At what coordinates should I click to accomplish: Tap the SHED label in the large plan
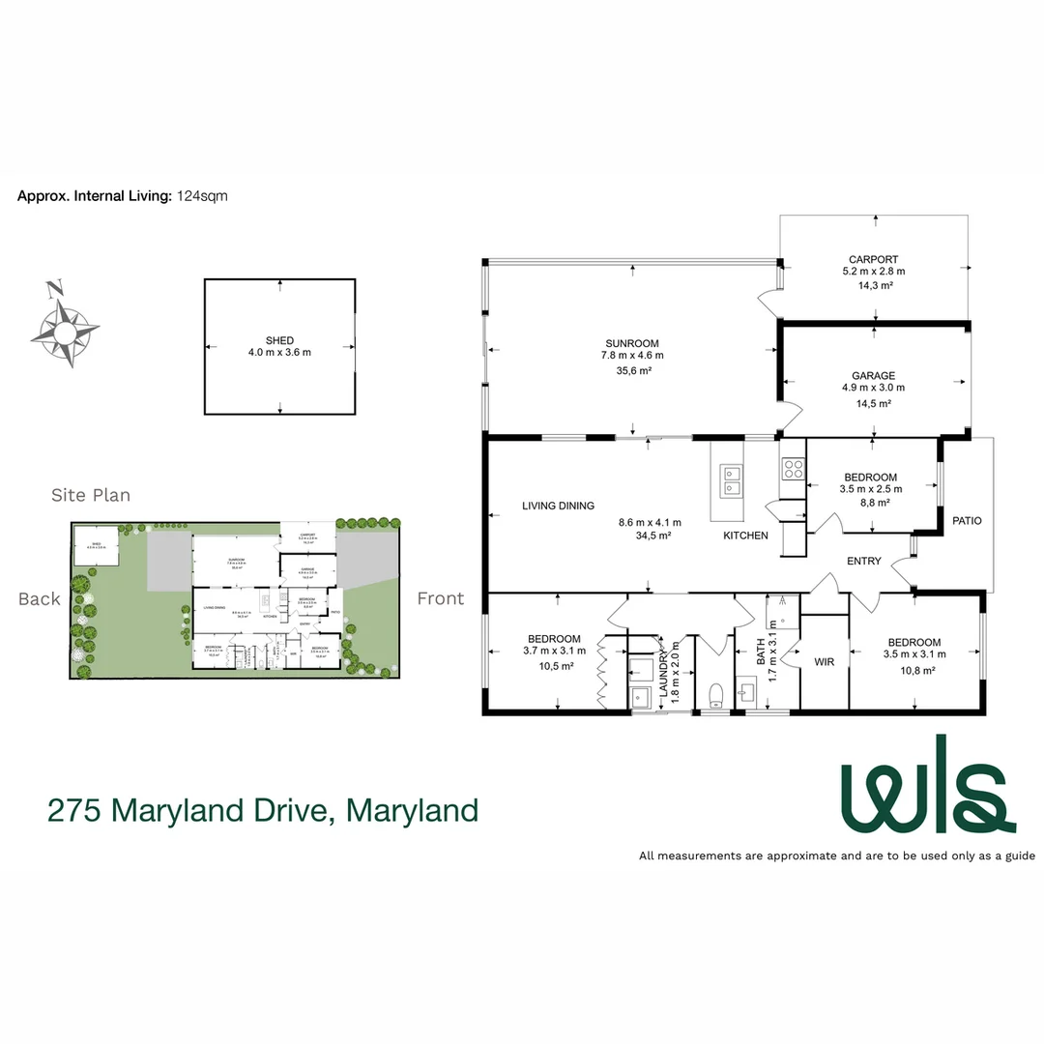(x=279, y=340)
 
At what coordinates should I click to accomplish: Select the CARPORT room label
(x=873, y=259)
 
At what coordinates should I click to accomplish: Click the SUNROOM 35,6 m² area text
(x=633, y=370)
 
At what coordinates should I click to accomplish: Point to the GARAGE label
(x=873, y=376)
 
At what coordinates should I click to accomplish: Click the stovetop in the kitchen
(x=794, y=469)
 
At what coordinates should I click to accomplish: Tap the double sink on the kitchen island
(x=729, y=478)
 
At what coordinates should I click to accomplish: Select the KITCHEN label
(x=746, y=536)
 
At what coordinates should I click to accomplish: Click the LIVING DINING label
(x=558, y=506)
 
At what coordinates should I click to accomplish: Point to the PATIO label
(x=967, y=521)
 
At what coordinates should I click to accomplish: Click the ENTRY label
(x=863, y=562)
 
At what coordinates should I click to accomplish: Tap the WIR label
(x=824, y=662)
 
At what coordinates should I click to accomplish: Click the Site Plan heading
(x=91, y=495)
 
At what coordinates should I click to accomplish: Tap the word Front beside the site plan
(x=440, y=598)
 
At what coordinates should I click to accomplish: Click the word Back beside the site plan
(x=39, y=598)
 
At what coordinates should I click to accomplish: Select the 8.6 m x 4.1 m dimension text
(x=645, y=523)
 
